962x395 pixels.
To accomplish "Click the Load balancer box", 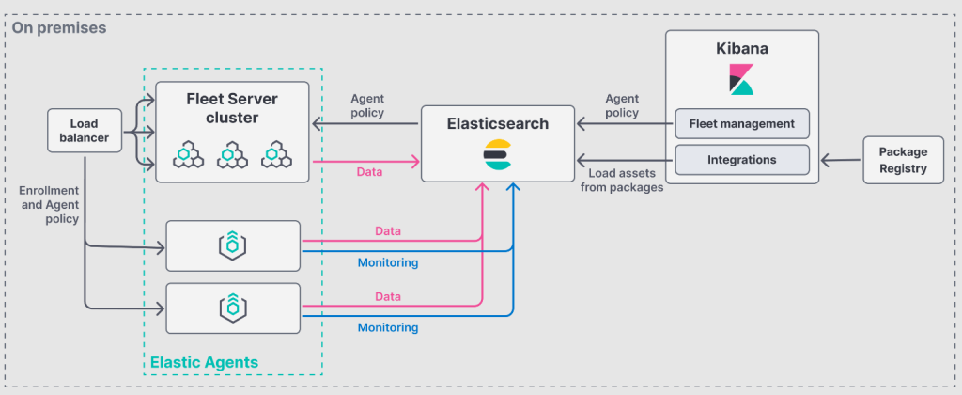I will [84, 131].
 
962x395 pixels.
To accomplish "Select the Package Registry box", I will [902, 160].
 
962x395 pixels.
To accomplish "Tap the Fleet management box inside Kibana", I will [741, 123].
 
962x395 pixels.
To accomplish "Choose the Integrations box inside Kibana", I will [741, 160].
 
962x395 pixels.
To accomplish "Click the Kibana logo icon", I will [742, 80].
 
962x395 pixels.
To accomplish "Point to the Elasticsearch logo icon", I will [498, 157].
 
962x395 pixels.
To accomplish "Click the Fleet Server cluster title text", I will [231, 108].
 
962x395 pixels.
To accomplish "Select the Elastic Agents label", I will [204, 362].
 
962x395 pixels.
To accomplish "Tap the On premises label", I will [59, 28].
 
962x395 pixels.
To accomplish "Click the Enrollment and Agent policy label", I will [48, 205].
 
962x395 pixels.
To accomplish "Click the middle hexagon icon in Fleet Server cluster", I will [232, 155].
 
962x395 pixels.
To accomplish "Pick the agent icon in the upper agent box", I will [232, 245].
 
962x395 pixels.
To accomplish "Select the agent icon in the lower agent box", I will [232, 308].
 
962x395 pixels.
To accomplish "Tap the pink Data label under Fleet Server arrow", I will [369, 173].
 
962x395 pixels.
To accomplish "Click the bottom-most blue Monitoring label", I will [387, 328].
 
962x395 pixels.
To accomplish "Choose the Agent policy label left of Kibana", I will [622, 105].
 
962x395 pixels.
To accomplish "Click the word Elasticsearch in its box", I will [498, 123].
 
